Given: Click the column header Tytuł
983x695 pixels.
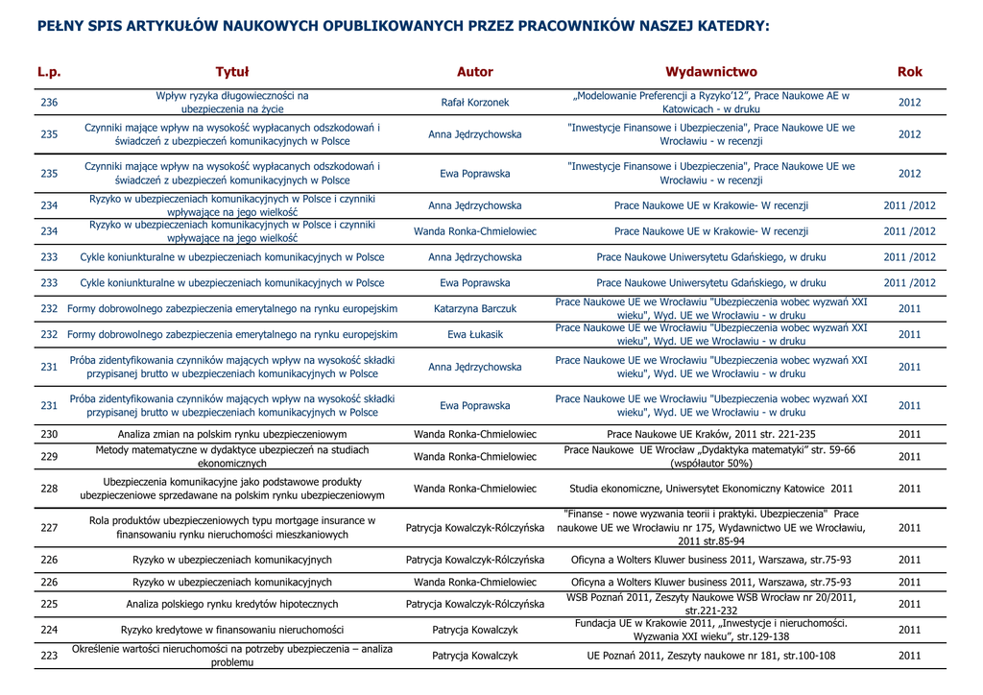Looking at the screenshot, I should [232, 72].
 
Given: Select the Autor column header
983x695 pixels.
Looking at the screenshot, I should [475, 72].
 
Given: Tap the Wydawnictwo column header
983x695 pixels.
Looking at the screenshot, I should [711, 72].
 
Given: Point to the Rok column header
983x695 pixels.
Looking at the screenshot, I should [909, 72].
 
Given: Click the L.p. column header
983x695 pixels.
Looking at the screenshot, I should [49, 72].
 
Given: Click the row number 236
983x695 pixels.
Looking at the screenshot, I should [49, 103].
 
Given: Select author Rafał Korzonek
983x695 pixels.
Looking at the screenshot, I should [475, 103].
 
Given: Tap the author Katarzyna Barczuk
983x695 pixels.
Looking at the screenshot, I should [475, 309].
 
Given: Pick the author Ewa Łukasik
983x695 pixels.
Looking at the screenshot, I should [475, 335].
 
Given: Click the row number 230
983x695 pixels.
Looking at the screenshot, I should [49, 435].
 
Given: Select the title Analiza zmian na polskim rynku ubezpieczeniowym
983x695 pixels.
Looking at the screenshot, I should [232, 435].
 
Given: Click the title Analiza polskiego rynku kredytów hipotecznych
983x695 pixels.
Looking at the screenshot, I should [232, 605].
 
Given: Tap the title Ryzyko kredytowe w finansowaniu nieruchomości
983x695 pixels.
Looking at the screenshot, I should [232, 631].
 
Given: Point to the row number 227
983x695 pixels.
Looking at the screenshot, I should [49, 528].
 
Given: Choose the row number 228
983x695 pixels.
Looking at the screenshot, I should [49, 489].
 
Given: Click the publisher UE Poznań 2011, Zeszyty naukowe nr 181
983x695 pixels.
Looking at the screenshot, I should [711, 657].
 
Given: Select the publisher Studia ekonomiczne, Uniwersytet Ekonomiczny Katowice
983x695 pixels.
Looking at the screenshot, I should [711, 489].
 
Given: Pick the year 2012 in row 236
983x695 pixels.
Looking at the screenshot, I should [909, 103].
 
